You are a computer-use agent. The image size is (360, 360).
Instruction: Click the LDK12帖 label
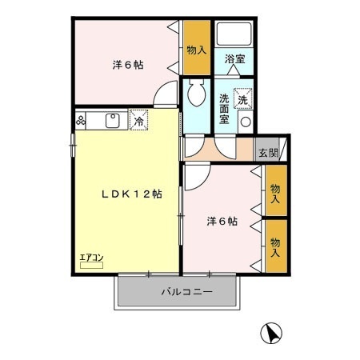click(x=131, y=194)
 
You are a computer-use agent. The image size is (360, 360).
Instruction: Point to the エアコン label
click(x=91, y=257)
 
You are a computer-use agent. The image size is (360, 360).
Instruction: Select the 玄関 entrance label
click(x=266, y=152)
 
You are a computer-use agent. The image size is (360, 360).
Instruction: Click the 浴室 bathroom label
click(x=234, y=59)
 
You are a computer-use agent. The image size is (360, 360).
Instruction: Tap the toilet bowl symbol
click(x=196, y=95)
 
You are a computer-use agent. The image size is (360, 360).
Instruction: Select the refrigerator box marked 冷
click(x=138, y=122)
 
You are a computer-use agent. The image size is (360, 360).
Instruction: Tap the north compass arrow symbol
click(x=273, y=332)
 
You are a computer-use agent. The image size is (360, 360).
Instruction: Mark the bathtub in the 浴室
click(x=234, y=34)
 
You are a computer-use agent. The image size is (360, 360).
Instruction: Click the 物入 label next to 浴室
click(x=196, y=50)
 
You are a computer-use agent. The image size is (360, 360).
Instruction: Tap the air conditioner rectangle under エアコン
click(x=91, y=264)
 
